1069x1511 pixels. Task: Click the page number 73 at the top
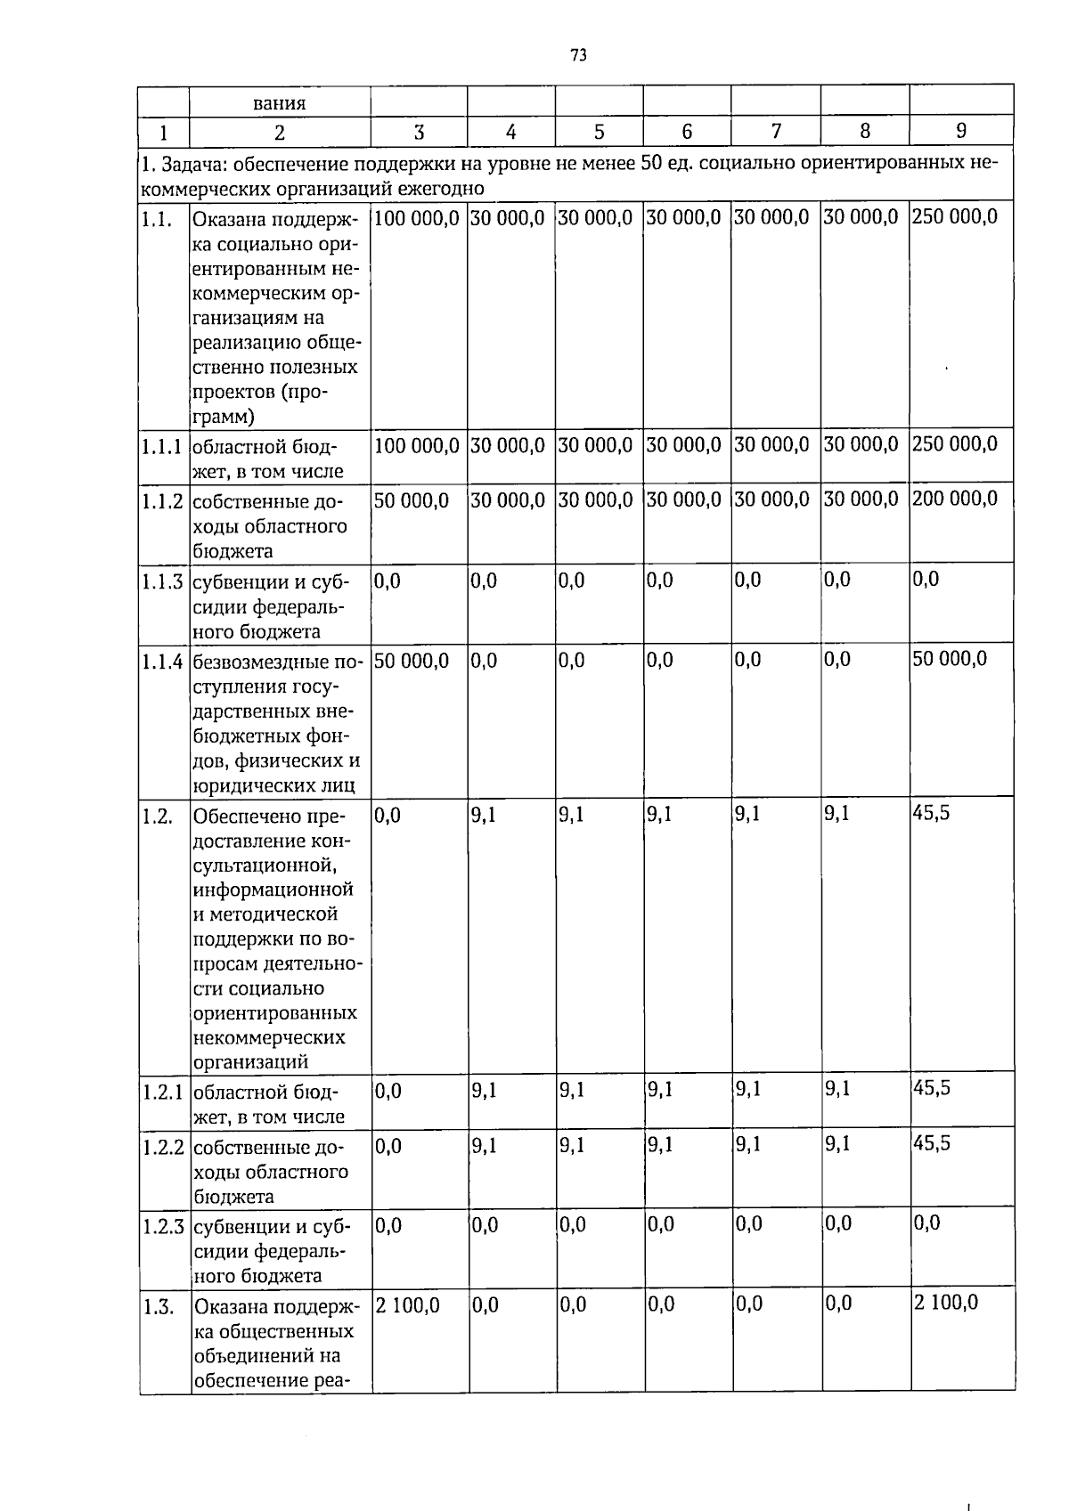point(578,55)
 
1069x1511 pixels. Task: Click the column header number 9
point(960,131)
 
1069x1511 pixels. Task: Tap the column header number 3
point(419,133)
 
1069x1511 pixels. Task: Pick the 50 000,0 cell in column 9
point(950,659)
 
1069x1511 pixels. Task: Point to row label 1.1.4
point(163,662)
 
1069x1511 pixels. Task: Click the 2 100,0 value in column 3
point(408,1305)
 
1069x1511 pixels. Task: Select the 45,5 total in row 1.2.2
point(932,1142)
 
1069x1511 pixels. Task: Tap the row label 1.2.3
point(163,1227)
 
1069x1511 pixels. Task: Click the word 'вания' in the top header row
point(279,102)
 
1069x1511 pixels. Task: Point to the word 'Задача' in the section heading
point(183,165)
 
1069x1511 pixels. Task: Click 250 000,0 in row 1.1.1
point(954,443)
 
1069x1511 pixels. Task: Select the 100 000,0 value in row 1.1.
point(417,217)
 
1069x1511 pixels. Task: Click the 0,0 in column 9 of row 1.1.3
point(926,581)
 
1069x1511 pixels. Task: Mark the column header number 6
point(687,132)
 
